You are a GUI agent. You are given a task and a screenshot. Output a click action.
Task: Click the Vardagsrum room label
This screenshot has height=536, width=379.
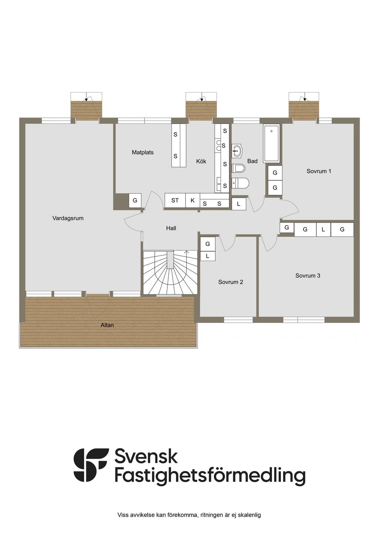[x=68, y=218]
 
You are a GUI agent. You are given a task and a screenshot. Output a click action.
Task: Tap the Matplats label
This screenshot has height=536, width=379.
[x=142, y=152]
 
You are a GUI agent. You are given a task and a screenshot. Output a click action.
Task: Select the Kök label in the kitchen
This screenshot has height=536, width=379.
[x=201, y=161]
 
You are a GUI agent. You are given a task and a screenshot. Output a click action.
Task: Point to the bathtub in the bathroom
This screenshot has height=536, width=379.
[x=271, y=143]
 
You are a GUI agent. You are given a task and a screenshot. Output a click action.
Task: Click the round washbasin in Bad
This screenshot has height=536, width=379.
[x=237, y=151]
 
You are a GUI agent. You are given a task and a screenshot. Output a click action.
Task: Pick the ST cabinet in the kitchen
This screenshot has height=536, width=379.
[x=175, y=200]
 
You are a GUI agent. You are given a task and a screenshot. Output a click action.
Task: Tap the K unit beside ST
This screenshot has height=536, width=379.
[x=192, y=200]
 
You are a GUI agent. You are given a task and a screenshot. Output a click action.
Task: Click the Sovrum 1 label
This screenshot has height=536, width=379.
[x=319, y=171]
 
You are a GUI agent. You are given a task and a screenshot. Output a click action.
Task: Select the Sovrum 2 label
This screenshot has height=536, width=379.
[x=231, y=282]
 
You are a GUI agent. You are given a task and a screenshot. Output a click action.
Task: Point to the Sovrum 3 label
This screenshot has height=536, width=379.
[x=308, y=276]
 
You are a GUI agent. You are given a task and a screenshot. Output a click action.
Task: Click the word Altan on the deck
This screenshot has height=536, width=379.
[x=107, y=325]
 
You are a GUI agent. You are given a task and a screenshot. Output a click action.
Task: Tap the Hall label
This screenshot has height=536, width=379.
[x=171, y=228]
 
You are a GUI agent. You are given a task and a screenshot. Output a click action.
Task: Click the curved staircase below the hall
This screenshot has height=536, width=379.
[x=170, y=272]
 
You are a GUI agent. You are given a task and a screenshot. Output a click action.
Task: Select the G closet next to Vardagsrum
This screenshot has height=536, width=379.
[x=135, y=200]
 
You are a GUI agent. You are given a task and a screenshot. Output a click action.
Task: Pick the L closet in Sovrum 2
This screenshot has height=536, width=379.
[x=207, y=256]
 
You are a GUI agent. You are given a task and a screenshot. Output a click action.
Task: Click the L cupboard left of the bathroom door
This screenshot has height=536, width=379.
[x=239, y=204]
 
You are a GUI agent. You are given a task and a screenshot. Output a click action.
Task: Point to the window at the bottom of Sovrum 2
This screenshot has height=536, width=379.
[x=238, y=320]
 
